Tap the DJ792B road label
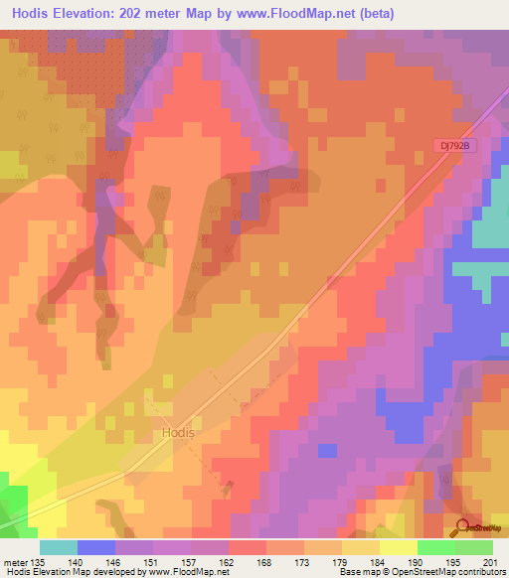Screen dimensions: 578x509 click(456, 145)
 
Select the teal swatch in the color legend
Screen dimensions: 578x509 click(58, 547)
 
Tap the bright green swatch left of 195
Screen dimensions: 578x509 click(435, 547)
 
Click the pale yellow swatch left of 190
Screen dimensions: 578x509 click(398, 547)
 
